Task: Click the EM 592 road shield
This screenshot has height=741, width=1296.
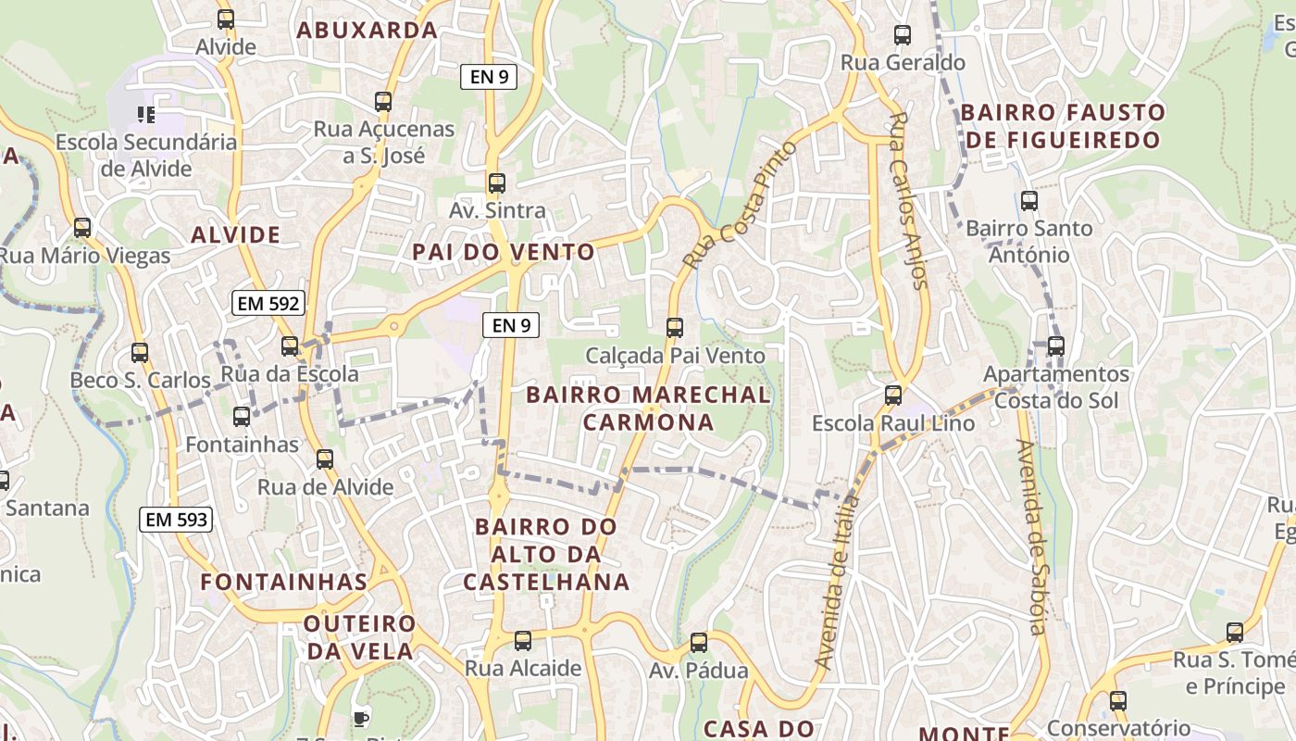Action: [x=268, y=303]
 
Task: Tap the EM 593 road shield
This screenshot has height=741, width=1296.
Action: [x=176, y=520]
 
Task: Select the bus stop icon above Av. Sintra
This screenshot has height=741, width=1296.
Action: [x=497, y=183]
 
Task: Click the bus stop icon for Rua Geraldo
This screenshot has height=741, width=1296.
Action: [x=903, y=36]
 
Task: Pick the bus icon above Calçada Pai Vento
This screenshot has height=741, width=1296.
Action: [x=675, y=328]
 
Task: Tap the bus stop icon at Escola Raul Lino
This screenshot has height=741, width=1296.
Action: [x=893, y=396]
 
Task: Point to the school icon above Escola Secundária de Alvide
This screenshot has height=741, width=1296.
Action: [x=145, y=115]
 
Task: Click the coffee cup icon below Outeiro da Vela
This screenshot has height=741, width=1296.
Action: [x=360, y=717]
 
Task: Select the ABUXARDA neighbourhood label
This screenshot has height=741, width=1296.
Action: [x=367, y=30]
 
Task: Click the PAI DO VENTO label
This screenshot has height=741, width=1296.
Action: [x=504, y=252]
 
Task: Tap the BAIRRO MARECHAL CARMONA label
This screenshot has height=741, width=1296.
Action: [x=648, y=408]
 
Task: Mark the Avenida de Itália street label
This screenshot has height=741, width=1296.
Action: [x=839, y=582]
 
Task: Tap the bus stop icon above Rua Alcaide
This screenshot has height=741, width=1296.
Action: [x=523, y=641]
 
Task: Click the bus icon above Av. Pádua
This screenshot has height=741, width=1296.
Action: [x=699, y=643]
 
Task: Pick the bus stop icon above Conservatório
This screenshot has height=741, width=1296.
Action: [x=1118, y=701]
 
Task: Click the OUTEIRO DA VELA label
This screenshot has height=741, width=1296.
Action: [x=359, y=636]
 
